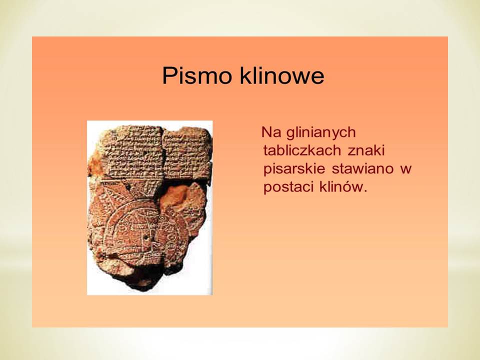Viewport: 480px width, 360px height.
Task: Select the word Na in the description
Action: [x=271, y=132]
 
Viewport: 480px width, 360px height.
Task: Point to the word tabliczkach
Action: [x=302, y=150]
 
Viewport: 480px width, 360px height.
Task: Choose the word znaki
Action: [x=366, y=150]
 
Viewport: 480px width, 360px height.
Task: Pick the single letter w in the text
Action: [x=406, y=170]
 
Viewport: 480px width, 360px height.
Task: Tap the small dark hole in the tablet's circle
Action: [x=146, y=237]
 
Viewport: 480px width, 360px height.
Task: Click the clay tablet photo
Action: [x=149, y=208]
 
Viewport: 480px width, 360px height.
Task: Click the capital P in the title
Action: [x=169, y=75]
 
